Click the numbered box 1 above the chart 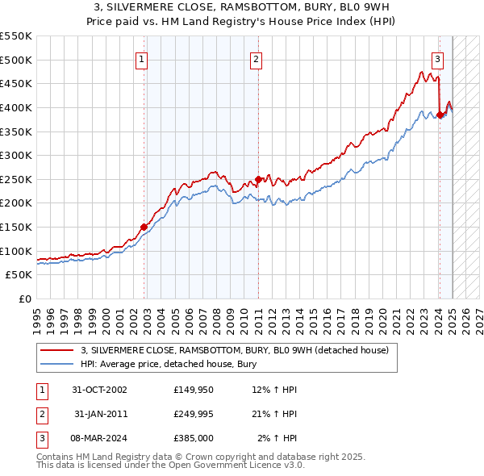(141, 58)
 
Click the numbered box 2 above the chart (256, 58)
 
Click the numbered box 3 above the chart (437, 58)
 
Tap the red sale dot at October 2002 (144, 227)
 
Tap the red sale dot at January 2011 (258, 179)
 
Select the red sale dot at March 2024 (440, 115)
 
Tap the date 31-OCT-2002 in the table (99, 390)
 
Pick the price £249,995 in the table (193, 415)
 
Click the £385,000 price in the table (193, 439)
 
